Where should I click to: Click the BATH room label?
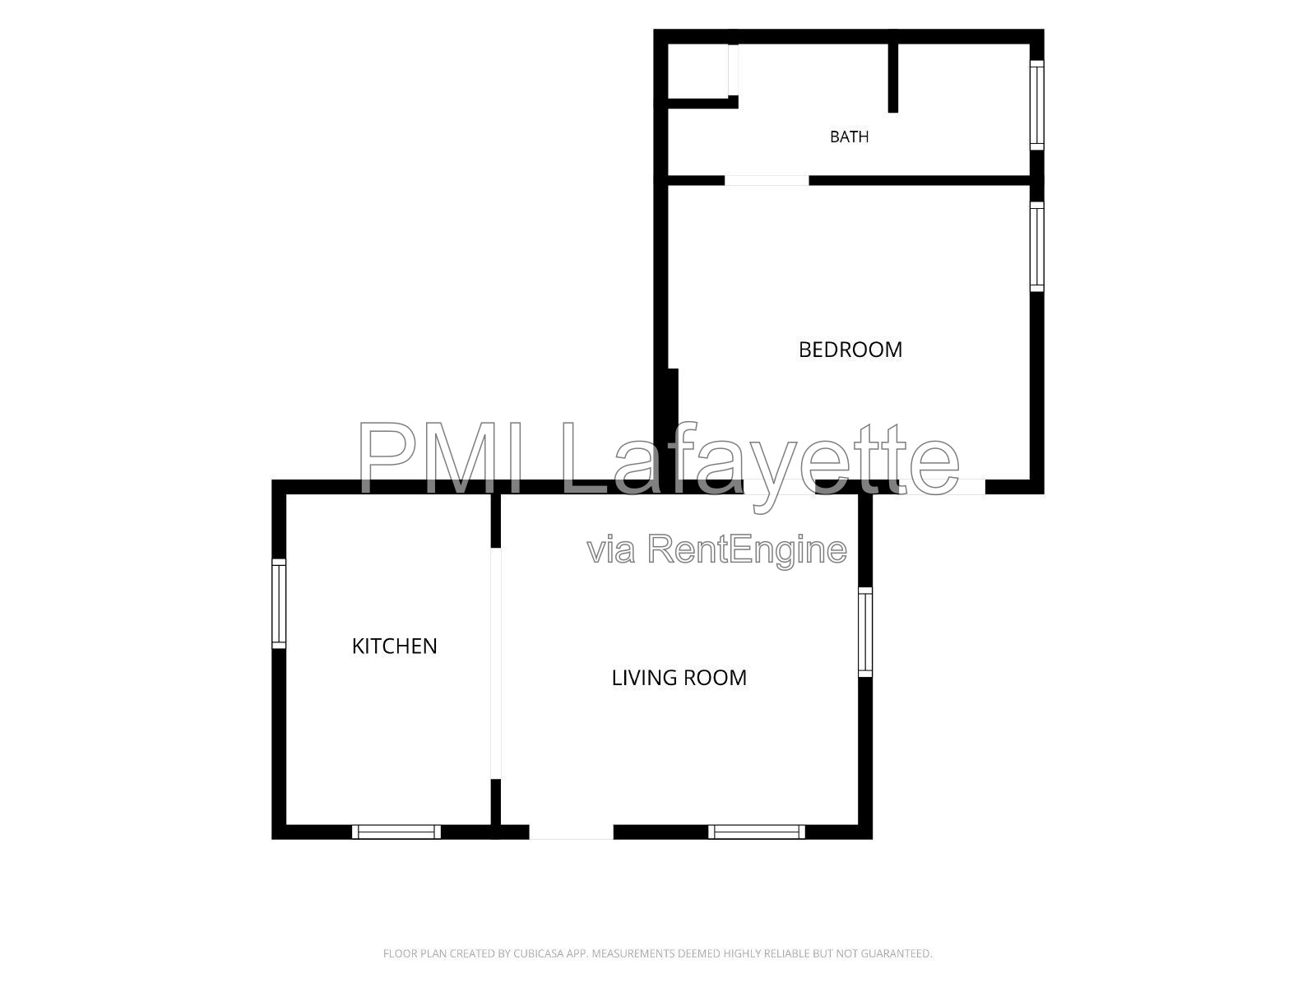click(x=849, y=137)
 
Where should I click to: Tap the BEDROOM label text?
click(x=850, y=350)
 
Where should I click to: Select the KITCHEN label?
click(x=394, y=646)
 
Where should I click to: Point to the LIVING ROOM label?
click(x=679, y=678)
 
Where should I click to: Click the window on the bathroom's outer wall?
click(x=1036, y=105)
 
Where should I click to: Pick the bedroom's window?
click(x=1036, y=247)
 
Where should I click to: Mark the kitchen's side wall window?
click(x=279, y=604)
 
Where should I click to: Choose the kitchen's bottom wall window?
click(x=396, y=832)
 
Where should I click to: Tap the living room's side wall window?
click(x=865, y=633)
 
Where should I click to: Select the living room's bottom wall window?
click(x=757, y=832)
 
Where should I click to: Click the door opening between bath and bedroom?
click(x=767, y=180)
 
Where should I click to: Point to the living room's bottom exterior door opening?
click(x=572, y=832)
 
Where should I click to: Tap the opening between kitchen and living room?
click(x=496, y=664)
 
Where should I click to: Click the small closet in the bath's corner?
click(x=698, y=70)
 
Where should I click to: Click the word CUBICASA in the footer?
click(x=537, y=953)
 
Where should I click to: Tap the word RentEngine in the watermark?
click(x=747, y=550)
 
